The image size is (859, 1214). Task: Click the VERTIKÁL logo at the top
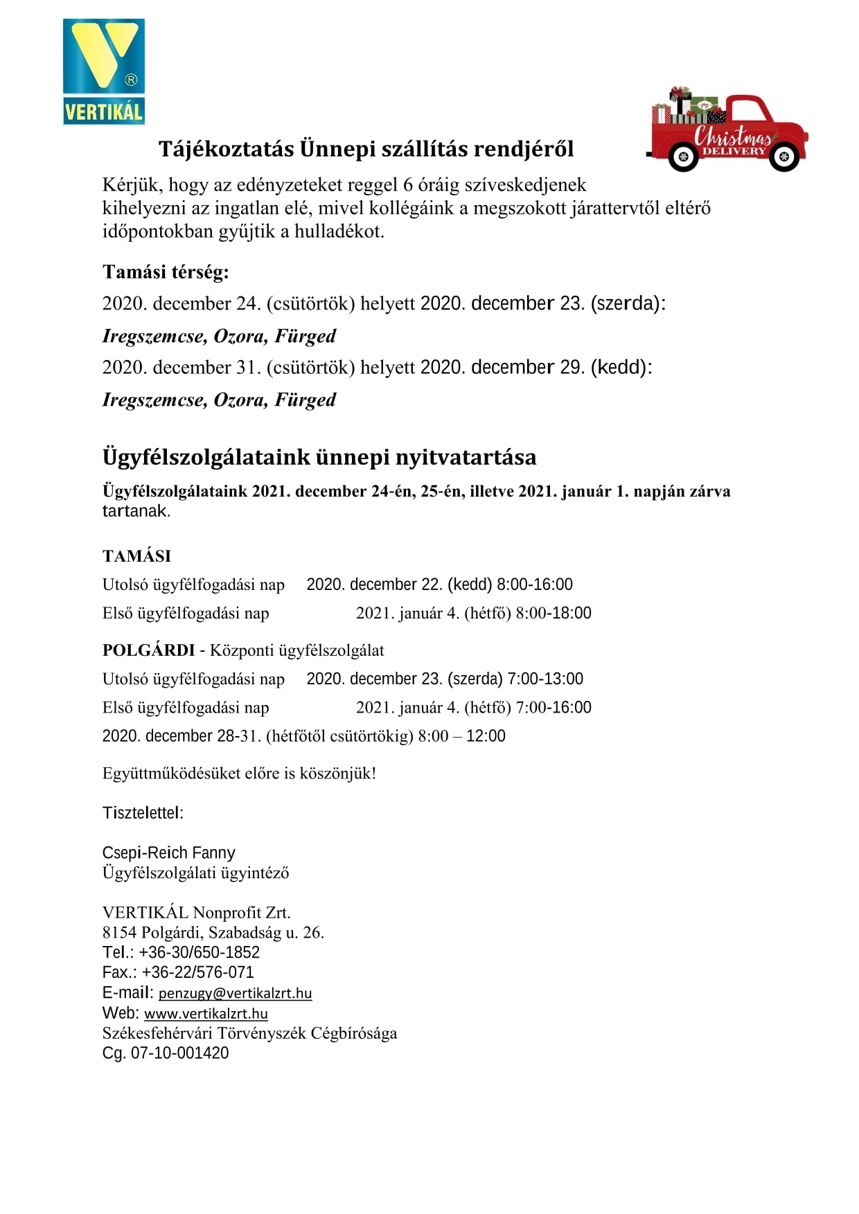pos(104,71)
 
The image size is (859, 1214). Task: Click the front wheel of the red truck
pos(784,157)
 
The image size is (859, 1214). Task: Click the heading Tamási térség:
pos(166,271)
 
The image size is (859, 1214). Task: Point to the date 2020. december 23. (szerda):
pos(542,303)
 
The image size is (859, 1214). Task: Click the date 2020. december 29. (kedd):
pos(536,367)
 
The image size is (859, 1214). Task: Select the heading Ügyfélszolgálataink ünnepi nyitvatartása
pos(319,457)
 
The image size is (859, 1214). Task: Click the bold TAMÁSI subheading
pos(136,556)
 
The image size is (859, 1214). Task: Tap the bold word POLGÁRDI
pos(149,650)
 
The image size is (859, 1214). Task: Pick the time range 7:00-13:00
pos(545,679)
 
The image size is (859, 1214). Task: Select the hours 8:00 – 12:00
pos(461,735)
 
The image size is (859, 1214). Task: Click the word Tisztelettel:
pos(143,813)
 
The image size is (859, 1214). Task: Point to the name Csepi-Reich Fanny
pos(169,853)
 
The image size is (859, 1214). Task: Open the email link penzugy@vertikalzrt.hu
pos(235,993)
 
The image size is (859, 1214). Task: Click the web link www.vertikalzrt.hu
pos(206,1013)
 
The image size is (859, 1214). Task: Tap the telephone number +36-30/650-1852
pos(200,952)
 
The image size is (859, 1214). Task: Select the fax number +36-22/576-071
pos(198,972)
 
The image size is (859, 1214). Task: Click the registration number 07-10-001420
pos(179,1053)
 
